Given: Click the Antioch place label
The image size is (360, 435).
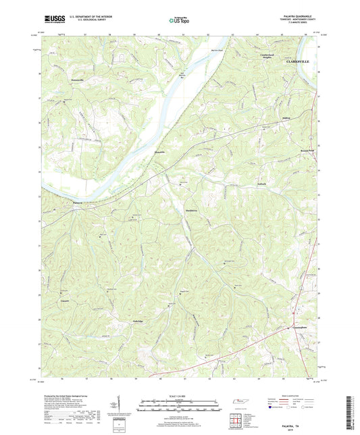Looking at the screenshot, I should [x=261, y=183].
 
